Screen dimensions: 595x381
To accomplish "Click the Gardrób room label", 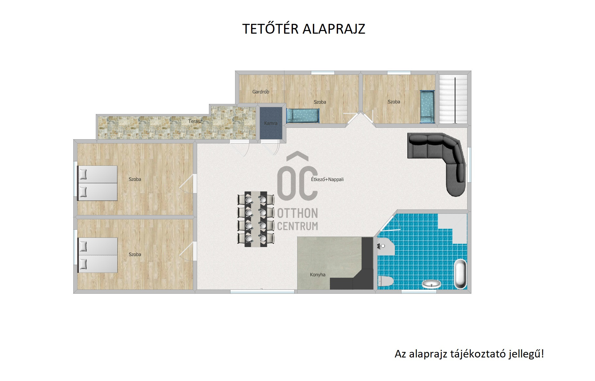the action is coord(261,92).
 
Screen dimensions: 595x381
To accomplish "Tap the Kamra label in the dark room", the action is coord(271,123).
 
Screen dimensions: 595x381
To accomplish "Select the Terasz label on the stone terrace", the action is coord(195,121).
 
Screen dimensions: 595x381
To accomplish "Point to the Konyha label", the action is coord(317,275).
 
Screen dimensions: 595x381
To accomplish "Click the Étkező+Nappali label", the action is coord(327,179).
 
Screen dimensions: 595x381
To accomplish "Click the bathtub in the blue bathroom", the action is coord(460,274).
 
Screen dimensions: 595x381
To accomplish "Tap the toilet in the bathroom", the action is coord(386,281).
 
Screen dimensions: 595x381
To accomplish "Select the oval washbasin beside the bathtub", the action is coord(432,284).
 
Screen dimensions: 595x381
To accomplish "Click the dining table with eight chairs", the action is coord(256,219).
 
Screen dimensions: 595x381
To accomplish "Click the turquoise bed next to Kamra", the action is coord(303,116).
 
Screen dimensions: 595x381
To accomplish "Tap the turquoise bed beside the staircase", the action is coord(427,107).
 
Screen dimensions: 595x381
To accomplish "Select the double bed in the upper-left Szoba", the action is coord(97,183).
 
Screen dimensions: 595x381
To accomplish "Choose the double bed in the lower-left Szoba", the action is coord(97,255).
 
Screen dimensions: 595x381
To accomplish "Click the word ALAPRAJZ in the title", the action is coord(334,29).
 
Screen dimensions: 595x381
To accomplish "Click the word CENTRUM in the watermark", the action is coord(297,226).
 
